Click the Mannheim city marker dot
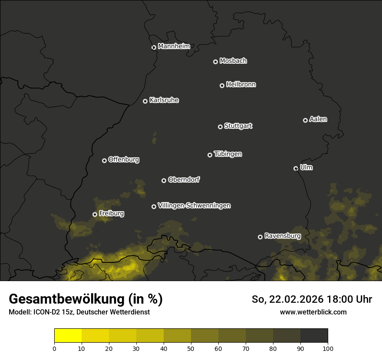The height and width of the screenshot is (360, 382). pyautogui.click(x=154, y=48)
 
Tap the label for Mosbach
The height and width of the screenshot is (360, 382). pyautogui.click(x=233, y=61)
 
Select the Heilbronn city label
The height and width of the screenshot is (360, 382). pyautogui.click(x=241, y=85)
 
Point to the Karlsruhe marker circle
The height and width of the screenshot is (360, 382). pyautogui.click(x=145, y=101)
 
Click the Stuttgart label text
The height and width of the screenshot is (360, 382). pyautogui.click(x=238, y=126)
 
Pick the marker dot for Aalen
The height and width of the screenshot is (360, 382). pyautogui.click(x=305, y=120)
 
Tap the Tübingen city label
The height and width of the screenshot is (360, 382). pyautogui.click(x=228, y=154)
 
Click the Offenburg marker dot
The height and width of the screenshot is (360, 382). pyautogui.click(x=104, y=160)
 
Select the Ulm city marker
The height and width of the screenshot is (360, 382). pyautogui.click(x=296, y=168)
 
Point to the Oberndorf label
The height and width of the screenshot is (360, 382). pyautogui.click(x=184, y=180)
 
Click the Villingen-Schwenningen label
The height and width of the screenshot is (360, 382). pyautogui.click(x=194, y=206)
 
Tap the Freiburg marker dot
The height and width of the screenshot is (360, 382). pyautogui.click(x=95, y=214)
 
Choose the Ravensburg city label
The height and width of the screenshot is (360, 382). pyautogui.click(x=282, y=236)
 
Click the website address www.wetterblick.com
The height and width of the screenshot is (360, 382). pyautogui.click(x=313, y=312)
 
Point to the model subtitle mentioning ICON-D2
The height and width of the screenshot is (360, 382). pyautogui.click(x=79, y=312)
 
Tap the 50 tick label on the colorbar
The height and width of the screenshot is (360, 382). pyautogui.click(x=191, y=348)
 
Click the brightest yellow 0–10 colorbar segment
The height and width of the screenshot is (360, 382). pyautogui.click(x=68, y=336)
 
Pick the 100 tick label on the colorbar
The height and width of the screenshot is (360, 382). pyautogui.click(x=327, y=348)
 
